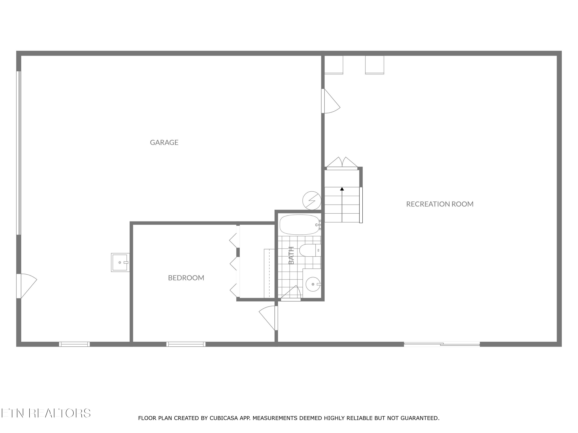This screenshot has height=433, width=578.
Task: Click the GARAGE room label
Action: tap(164, 142)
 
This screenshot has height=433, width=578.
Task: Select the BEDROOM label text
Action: tap(186, 278)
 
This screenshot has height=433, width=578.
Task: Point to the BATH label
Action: tap(291, 255)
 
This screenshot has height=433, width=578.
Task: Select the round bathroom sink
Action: tap(313, 284)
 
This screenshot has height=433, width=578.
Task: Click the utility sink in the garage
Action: tap(120, 262)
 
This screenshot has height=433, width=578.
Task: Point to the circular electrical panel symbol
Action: tap(312, 201)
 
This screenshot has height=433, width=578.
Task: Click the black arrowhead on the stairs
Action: tap(342, 189)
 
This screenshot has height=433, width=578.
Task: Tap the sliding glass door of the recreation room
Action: tap(442, 344)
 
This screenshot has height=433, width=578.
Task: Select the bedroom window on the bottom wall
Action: tap(186, 344)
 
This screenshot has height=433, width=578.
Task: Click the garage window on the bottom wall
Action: tap(75, 344)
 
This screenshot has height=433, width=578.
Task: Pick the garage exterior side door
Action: tap(26, 286)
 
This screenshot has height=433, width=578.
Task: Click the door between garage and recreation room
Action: tap(331, 101)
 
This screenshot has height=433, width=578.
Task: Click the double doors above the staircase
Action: tap(342, 163)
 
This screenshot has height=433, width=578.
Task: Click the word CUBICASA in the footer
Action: tap(224, 418)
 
